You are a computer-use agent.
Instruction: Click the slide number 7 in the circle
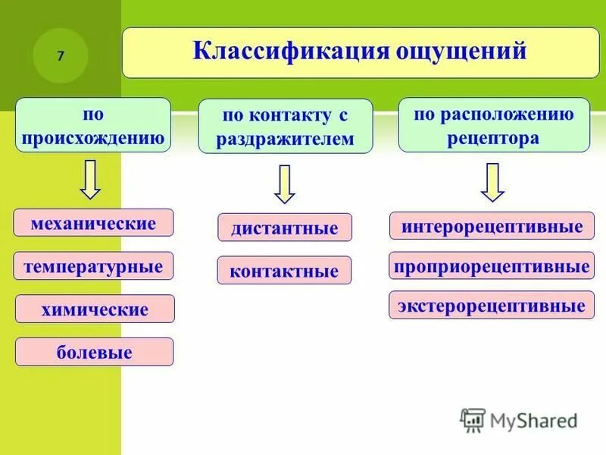click(61, 56)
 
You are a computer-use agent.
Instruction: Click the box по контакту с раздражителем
click(286, 127)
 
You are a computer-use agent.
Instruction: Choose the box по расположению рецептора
click(493, 125)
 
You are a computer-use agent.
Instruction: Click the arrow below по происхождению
click(91, 179)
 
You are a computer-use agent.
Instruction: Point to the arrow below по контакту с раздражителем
click(285, 184)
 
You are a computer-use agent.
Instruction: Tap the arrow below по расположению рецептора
click(492, 182)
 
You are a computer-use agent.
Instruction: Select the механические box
click(93, 223)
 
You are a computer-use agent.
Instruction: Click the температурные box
click(93, 266)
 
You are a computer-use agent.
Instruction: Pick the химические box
click(95, 309)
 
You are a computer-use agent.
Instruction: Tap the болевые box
click(94, 352)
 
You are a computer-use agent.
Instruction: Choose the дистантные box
click(284, 227)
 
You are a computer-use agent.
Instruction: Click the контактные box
click(284, 271)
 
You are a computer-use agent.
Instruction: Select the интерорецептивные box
click(492, 226)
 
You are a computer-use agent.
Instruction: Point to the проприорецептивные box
click(492, 266)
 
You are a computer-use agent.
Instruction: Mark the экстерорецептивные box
click(492, 306)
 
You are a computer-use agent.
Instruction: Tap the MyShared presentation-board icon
click(473, 419)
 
